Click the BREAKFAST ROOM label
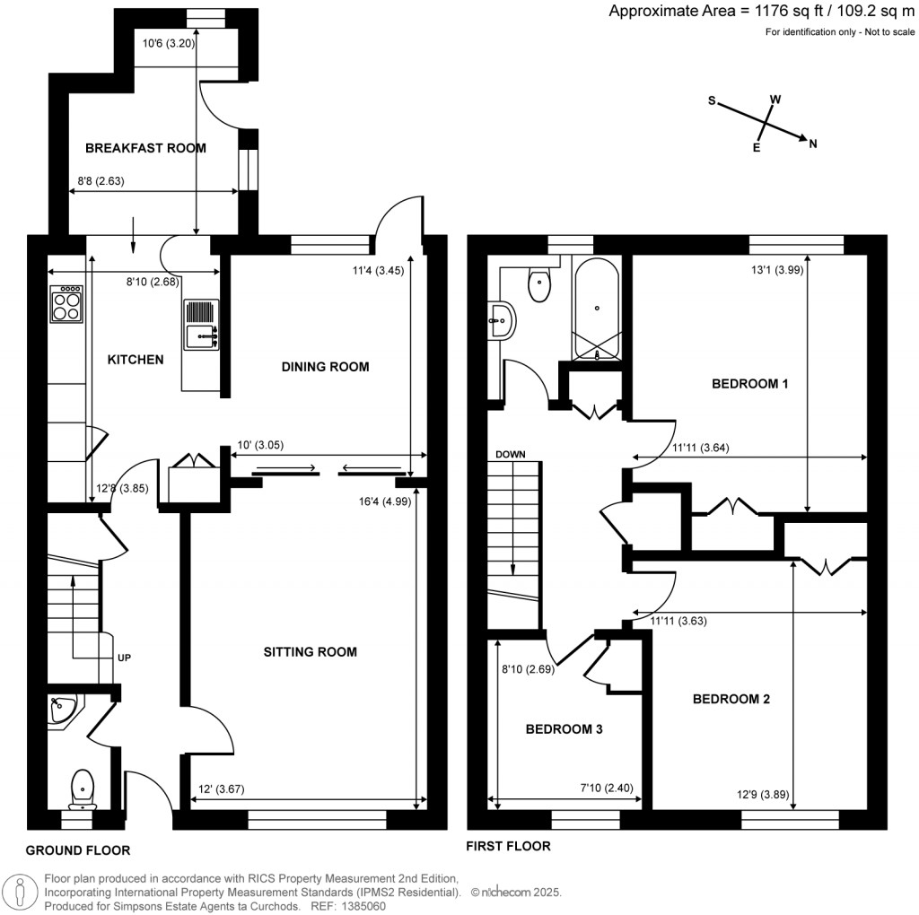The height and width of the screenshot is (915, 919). pos(145,148)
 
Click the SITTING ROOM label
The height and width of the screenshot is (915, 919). pos(310,652)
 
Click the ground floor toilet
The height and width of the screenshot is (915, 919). pos(83,789)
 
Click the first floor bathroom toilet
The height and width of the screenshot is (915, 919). pos(539,283)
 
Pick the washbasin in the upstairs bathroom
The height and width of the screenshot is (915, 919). pos(502,320)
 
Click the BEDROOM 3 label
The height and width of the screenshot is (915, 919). pos(564,729)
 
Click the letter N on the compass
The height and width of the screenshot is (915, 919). pos(813,144)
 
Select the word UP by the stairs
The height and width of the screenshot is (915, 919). pos(124,658)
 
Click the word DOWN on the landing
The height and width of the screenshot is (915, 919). pos(510,454)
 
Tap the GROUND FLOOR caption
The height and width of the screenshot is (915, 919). pos(77,850)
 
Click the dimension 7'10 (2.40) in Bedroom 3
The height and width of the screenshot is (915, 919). pos(608,789)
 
